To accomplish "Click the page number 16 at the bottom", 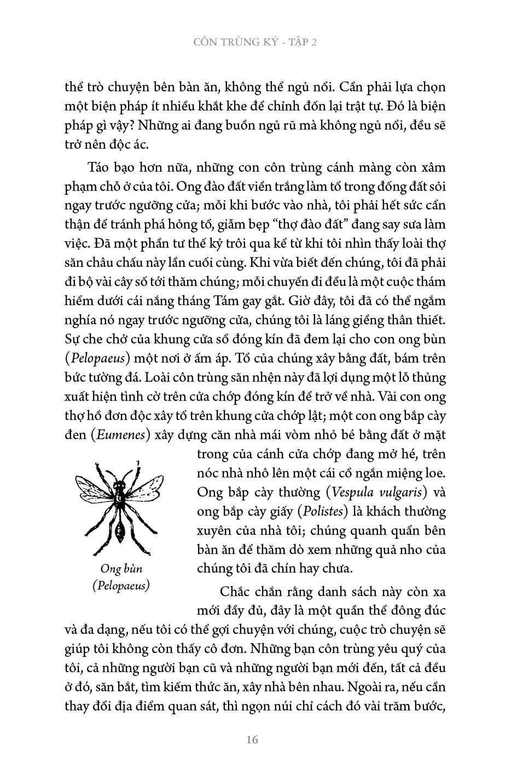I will (252, 740).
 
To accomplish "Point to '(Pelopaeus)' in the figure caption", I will (121, 585).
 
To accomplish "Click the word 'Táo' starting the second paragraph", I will (98, 167).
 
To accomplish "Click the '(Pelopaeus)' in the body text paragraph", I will (97, 359).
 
